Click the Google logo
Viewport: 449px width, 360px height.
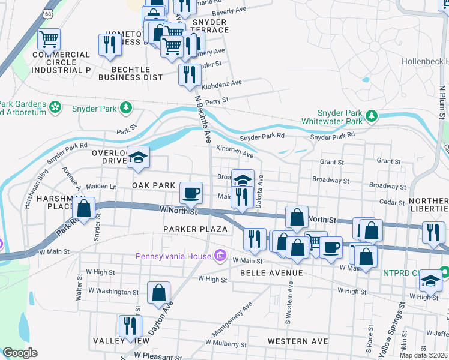pyautogui.click(x=20, y=353)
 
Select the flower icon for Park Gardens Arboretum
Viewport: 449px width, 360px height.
pyautogui.click(x=55, y=107)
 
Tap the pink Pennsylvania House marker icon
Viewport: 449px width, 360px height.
pyautogui.click(x=220, y=256)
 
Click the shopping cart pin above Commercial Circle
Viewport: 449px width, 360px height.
pyautogui.click(x=49, y=40)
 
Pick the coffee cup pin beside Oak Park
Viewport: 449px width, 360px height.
pyautogui.click(x=191, y=193)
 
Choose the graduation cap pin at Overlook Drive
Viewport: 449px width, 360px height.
pyautogui.click(x=139, y=158)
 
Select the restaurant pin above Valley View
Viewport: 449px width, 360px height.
pyautogui.click(x=130, y=326)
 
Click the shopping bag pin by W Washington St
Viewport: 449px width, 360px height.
pyautogui.click(x=159, y=293)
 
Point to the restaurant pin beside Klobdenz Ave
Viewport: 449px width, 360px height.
pyautogui.click(x=189, y=74)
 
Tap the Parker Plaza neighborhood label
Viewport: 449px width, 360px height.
pyautogui.click(x=195, y=229)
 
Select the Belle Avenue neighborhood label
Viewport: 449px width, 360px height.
pyautogui.click(x=267, y=272)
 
